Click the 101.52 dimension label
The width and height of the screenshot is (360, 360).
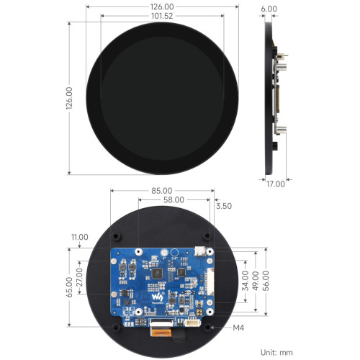162,16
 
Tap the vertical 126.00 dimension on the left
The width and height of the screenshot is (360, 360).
69,98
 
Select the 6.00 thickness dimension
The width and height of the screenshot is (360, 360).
269,9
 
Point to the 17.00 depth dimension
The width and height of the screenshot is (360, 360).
276,184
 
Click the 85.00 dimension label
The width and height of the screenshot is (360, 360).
162,191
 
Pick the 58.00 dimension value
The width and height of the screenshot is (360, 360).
174,200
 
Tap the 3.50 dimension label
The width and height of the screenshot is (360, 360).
224,206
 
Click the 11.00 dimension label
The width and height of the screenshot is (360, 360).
80,237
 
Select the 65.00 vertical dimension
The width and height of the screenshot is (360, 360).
69,287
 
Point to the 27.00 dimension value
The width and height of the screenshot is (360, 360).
79,277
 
